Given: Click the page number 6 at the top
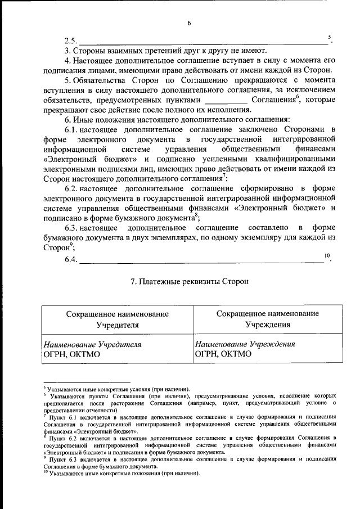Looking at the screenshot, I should (189, 23).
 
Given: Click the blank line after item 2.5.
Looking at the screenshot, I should (202, 42).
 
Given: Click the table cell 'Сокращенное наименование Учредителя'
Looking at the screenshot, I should (117, 319).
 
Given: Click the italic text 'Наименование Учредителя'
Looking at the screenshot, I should (92, 344).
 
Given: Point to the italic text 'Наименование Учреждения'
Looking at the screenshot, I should (245, 344).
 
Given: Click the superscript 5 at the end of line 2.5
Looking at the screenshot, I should (329, 37).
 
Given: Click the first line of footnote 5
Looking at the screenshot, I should (118, 389).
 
